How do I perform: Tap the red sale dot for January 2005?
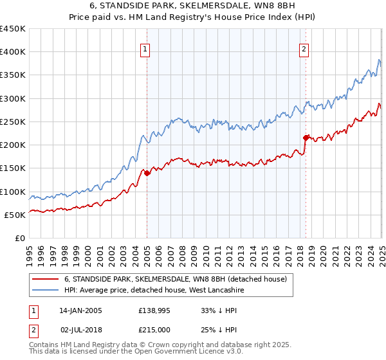(147, 173)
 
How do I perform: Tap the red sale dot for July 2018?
(306, 138)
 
